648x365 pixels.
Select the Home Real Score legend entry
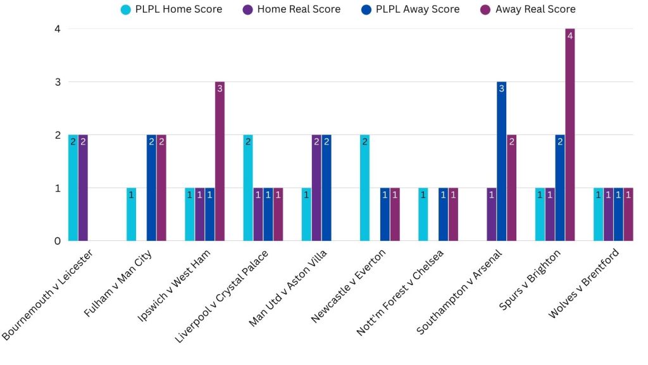(x=290, y=10)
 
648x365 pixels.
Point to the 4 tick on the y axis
(x=57, y=29)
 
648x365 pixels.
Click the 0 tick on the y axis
(x=57, y=241)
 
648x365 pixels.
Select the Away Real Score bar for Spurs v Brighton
(x=570, y=135)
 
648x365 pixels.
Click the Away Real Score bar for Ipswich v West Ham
(x=220, y=162)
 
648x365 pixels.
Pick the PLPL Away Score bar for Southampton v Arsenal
(x=501, y=162)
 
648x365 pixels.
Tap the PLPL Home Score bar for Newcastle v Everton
(x=364, y=188)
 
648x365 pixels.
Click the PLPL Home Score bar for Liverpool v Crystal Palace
(x=248, y=188)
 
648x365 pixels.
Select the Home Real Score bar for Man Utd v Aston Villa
(x=316, y=188)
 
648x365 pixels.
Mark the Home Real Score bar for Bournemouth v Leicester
(x=83, y=188)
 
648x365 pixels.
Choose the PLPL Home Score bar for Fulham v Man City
(x=132, y=215)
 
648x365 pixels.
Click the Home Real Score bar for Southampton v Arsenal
(x=491, y=215)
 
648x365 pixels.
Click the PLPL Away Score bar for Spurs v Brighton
(x=559, y=188)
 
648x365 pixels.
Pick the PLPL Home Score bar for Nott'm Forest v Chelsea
(x=423, y=215)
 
